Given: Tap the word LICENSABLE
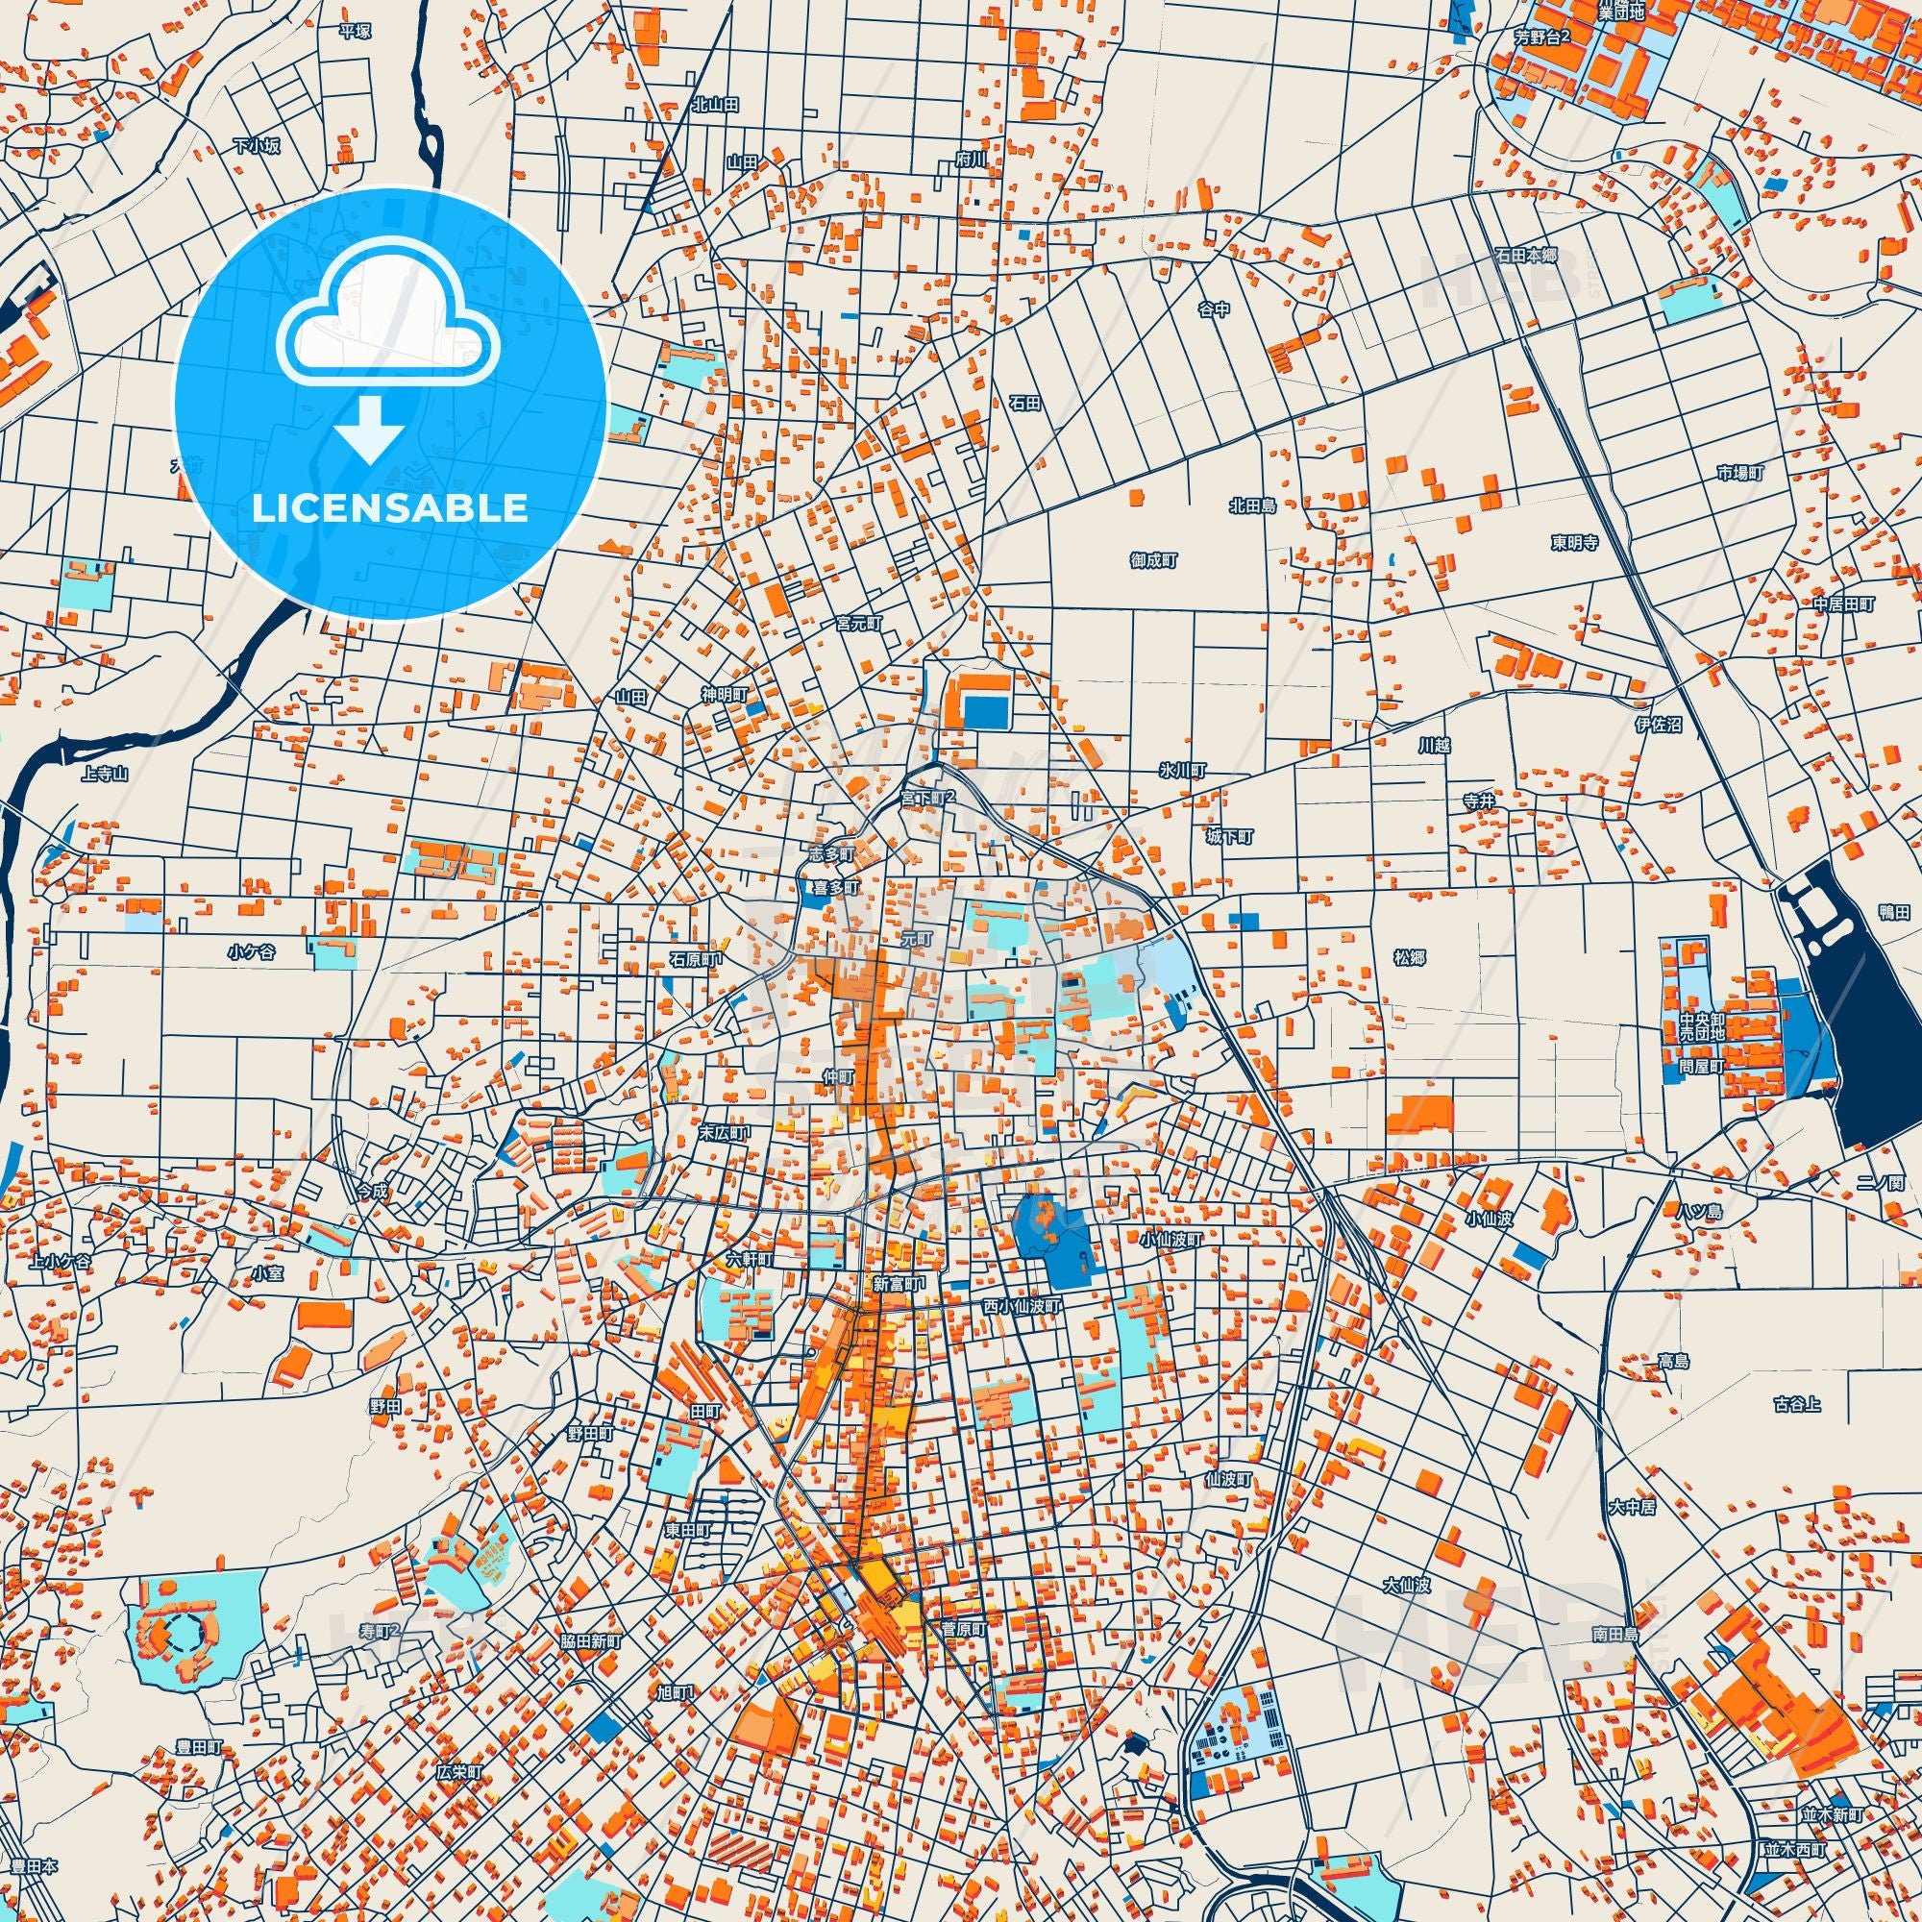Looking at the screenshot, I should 390,508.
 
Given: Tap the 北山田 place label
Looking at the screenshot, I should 715,105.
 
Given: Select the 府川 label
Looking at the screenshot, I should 970,159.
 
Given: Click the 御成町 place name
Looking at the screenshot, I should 1154,561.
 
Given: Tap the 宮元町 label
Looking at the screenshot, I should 858,623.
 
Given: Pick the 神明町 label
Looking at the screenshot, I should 724,695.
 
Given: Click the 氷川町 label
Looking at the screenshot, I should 1182,771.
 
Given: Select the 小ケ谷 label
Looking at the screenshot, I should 251,952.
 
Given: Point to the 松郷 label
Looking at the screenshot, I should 1410,957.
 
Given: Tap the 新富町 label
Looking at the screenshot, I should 899,1284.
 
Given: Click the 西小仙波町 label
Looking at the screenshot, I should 1023,1305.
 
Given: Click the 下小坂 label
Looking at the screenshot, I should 257,146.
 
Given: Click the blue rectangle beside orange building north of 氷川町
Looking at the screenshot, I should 986,711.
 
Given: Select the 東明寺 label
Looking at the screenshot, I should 1574,543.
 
